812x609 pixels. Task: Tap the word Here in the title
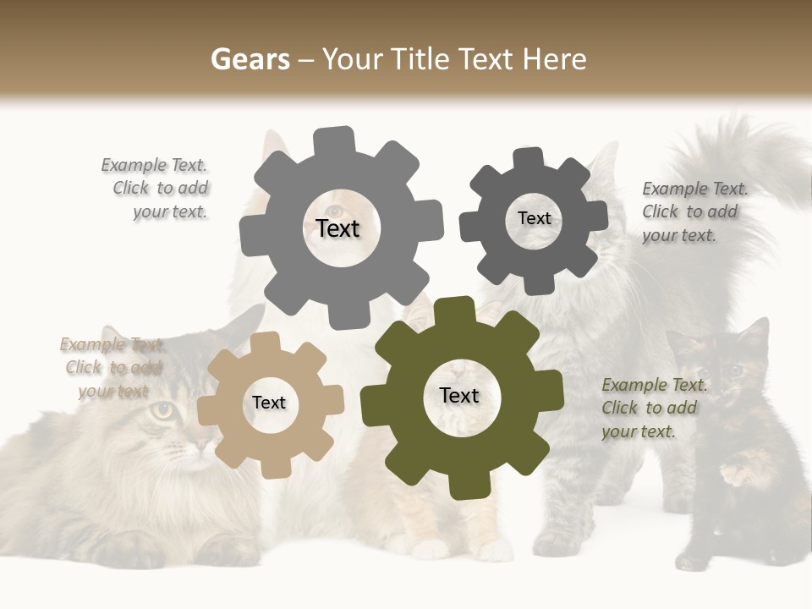tap(557, 59)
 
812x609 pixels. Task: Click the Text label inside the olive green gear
tap(459, 396)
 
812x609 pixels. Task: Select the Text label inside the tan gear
tap(269, 403)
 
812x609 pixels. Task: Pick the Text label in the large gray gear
tap(337, 228)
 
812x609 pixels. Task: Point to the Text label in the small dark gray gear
tap(534, 218)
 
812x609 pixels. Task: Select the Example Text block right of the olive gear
tap(651, 409)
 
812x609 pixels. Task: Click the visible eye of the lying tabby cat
tap(164, 412)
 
